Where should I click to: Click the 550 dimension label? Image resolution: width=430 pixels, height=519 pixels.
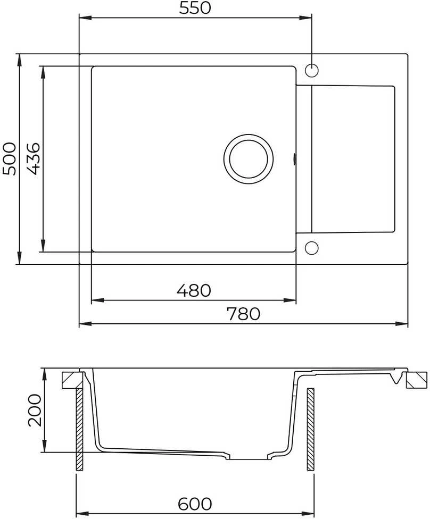[195, 8]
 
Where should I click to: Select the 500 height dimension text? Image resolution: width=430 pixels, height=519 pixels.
[9, 159]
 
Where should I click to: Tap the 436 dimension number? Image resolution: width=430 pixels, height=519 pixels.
[34, 159]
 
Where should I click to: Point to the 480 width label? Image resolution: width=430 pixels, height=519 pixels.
[194, 291]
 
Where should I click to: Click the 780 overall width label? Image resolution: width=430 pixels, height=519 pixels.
[244, 314]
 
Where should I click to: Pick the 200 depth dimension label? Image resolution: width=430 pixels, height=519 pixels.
[35, 410]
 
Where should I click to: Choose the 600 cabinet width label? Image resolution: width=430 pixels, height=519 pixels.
[195, 504]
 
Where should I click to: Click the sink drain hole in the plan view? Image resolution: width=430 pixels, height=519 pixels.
[249, 159]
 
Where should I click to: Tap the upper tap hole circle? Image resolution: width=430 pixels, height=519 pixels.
[311, 71]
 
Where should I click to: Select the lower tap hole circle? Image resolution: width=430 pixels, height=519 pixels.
[311, 248]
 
